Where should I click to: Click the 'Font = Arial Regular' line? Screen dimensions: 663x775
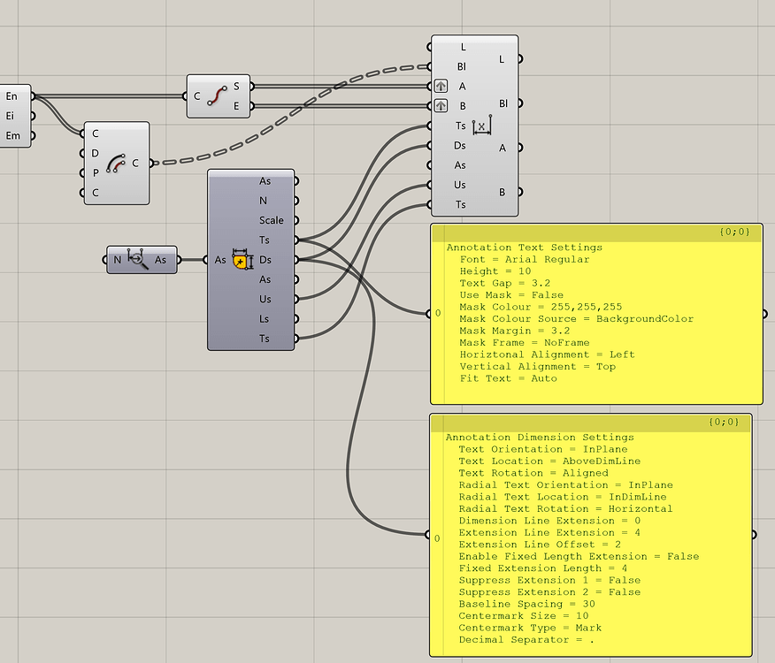click(524, 260)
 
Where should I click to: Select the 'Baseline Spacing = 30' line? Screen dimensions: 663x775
click(526, 604)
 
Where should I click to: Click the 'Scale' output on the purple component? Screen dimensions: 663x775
click(272, 220)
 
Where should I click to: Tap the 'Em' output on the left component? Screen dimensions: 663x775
click(12, 135)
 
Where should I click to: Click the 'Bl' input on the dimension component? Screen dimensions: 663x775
click(461, 66)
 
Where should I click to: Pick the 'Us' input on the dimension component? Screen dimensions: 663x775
click(460, 185)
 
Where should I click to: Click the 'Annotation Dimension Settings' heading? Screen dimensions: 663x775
click(539, 438)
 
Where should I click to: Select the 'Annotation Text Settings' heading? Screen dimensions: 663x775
click(524, 248)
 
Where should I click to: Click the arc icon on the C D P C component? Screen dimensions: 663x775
click(116, 164)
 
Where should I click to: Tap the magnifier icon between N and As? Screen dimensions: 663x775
click(138, 259)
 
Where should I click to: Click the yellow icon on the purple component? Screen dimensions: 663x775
click(241, 260)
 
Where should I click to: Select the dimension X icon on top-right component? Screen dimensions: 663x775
click(480, 126)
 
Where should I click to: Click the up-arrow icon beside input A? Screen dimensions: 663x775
click(441, 87)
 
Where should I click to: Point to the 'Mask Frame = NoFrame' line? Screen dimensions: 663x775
click(523, 343)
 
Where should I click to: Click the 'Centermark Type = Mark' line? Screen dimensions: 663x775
click(530, 628)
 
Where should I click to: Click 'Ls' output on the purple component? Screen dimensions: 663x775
click(265, 318)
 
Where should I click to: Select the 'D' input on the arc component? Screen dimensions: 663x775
click(96, 153)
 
